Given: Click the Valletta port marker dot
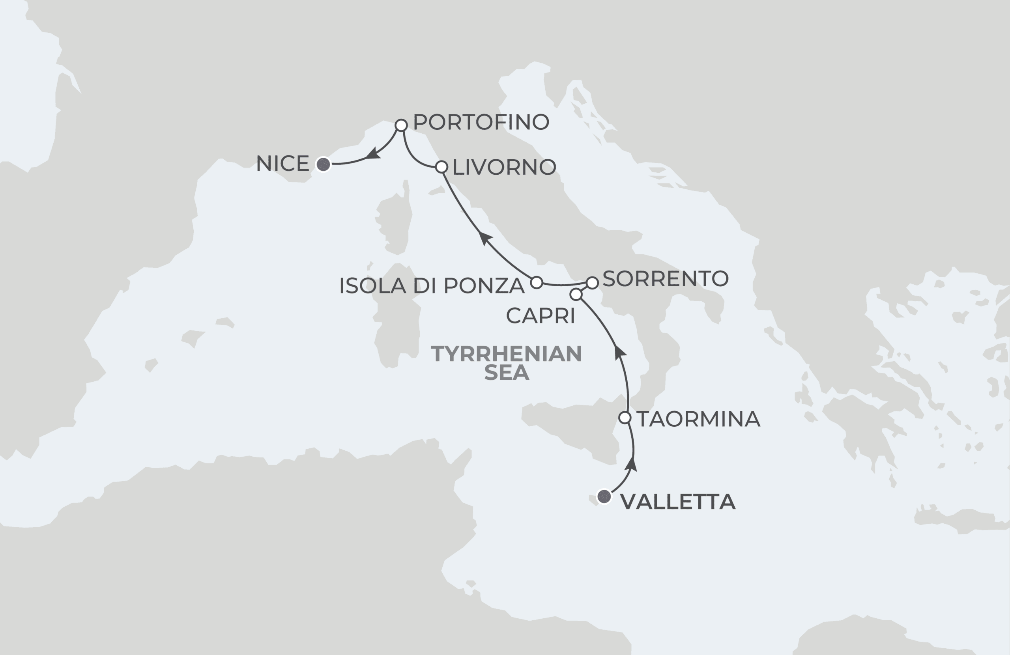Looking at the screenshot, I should (604, 496).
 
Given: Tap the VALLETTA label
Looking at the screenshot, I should (678, 502).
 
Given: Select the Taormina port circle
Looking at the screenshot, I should (625, 418).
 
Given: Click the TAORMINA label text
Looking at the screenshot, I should (698, 419).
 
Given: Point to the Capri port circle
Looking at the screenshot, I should (576, 295).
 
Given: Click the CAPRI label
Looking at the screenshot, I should (541, 315).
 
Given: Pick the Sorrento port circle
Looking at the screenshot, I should (593, 282).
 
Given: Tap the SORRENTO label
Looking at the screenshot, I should (666, 279).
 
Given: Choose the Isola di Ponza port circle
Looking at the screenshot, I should (537, 282).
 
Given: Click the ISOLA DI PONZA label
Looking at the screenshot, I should (432, 286).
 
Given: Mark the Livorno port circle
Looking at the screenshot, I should (442, 167).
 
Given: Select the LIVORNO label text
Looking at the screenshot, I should (504, 167).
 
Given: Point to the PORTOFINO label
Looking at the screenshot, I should (481, 122).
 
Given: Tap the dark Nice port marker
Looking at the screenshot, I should (324, 164).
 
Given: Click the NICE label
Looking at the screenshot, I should (282, 164).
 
